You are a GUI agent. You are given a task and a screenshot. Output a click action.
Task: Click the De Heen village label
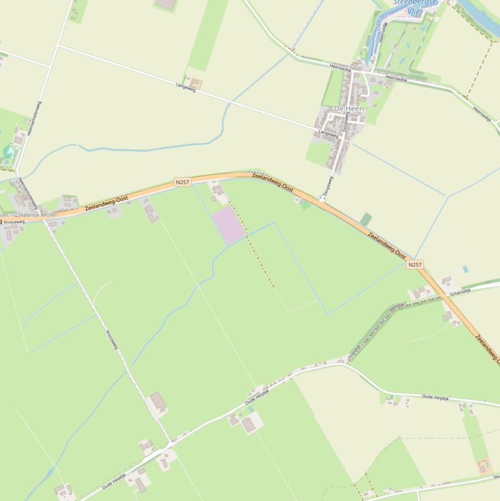tap(349, 108)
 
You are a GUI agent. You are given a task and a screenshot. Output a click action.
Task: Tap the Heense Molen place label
tap(38, 215)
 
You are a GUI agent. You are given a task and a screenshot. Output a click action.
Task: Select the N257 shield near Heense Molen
tap(183, 182)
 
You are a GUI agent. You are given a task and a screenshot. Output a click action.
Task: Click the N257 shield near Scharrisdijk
tap(415, 264)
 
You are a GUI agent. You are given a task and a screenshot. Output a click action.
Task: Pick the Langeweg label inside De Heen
tap(328, 134)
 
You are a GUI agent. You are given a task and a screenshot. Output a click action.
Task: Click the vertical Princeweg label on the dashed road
tap(112, 340)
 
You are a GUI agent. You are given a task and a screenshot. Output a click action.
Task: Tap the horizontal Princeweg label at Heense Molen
tap(14, 222)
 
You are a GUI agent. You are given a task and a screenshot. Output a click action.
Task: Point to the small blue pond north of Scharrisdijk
tap(466, 268)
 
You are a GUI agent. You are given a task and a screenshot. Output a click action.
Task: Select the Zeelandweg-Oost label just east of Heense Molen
tap(107, 203)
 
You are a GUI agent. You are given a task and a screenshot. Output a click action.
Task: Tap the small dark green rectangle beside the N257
tap(366, 220)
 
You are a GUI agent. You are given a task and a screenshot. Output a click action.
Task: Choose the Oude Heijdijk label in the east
tap(436, 397)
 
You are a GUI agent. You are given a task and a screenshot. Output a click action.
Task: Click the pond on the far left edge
tap(8, 154)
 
